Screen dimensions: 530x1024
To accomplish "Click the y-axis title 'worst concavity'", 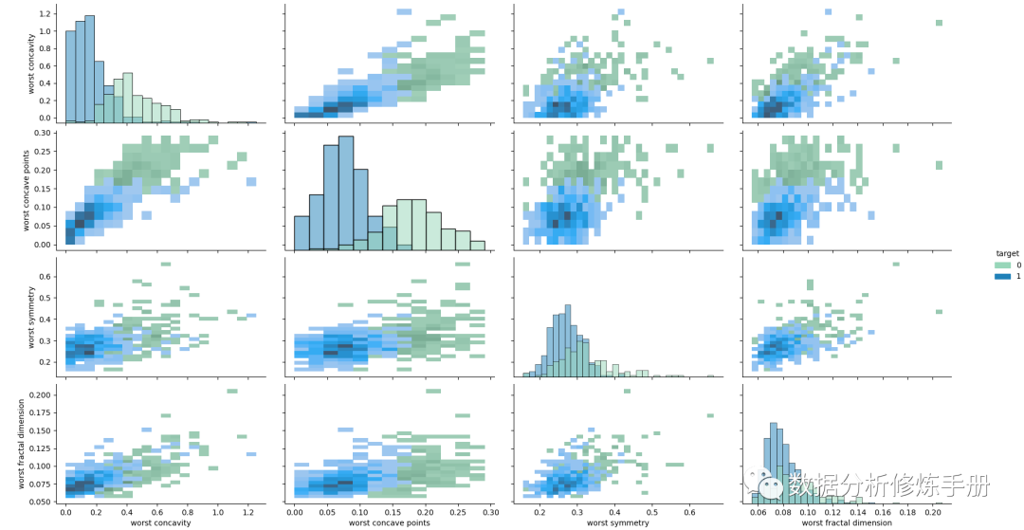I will (x=31, y=64).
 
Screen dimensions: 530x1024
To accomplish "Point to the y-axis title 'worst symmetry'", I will (x=31, y=315).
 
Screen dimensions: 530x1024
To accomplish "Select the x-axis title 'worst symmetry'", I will (x=617, y=522).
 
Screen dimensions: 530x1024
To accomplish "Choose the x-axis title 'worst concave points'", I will (x=389, y=522).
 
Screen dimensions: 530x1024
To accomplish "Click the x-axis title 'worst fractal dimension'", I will (x=846, y=522).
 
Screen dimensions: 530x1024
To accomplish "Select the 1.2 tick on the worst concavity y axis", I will (x=46, y=15).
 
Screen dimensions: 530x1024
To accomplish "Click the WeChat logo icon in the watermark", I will (x=767, y=485).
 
